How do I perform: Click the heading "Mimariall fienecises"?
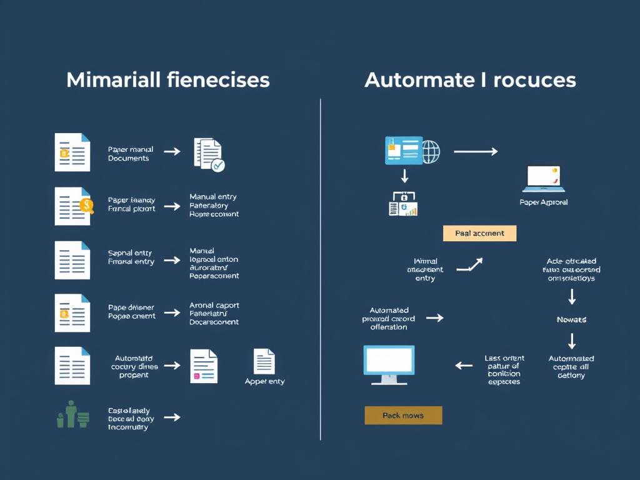coord(167,80)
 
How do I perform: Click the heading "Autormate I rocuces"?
coord(470,80)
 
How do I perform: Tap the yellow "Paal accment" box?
coord(479,233)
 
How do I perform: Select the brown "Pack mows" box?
coord(403,415)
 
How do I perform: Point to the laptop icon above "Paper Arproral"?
coord(544,179)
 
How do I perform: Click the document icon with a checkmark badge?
coord(209,154)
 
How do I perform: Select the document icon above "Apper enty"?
coord(264,361)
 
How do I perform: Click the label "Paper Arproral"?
coord(544,202)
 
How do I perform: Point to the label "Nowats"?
coord(571,319)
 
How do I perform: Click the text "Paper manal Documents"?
coord(130,154)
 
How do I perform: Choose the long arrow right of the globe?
coord(475,151)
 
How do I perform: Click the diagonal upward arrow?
coord(470,265)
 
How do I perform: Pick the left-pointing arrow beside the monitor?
coord(464,365)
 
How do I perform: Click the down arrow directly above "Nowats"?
coord(571,297)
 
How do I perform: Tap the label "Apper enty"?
coord(264,381)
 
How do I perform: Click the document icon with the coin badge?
coord(73,206)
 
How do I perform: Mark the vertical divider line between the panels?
coord(321,269)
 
